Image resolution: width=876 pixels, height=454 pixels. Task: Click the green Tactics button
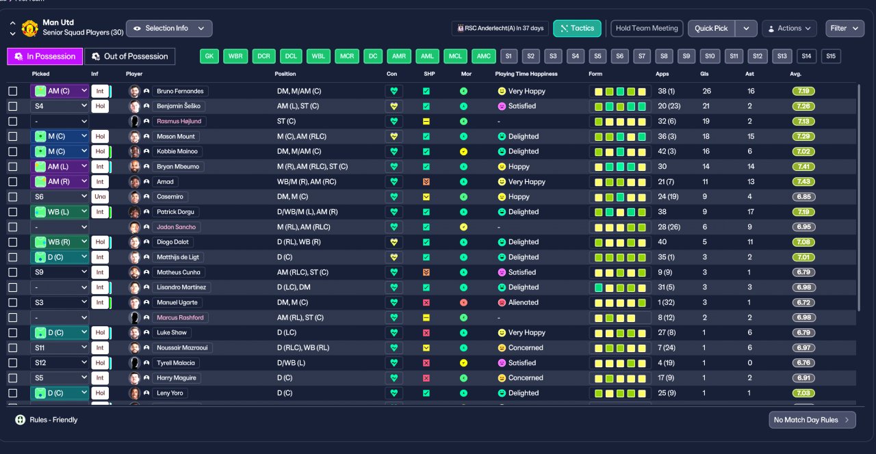click(577, 29)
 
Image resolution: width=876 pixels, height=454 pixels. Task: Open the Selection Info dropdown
click(169, 29)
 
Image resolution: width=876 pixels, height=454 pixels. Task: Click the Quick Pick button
click(711, 29)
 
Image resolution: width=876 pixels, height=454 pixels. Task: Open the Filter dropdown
click(845, 29)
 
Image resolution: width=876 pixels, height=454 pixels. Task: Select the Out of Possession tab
click(130, 56)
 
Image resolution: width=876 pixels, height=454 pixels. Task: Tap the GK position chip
click(209, 56)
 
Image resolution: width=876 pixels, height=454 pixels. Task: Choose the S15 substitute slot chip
click(831, 56)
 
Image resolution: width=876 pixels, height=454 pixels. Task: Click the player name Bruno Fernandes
click(180, 91)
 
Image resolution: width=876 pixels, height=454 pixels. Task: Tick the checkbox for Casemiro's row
click(13, 197)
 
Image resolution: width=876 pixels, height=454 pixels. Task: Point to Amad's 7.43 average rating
click(803, 182)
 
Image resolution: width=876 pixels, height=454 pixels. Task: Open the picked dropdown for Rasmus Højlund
click(60, 122)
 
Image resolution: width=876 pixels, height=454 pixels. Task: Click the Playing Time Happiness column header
click(526, 74)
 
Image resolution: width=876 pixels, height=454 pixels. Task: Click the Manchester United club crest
click(29, 29)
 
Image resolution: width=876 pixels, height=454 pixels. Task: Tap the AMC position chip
click(483, 56)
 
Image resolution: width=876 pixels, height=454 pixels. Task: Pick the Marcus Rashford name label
click(180, 318)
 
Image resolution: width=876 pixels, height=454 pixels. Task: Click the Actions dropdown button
click(789, 29)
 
